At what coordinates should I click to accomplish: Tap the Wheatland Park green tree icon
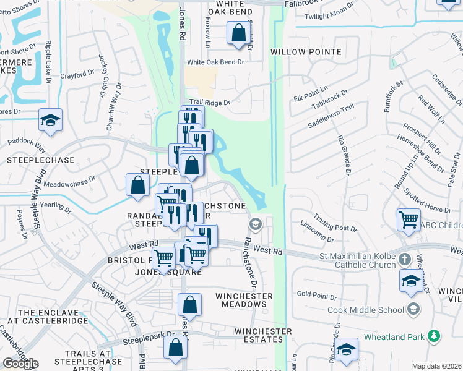[x=435, y=336]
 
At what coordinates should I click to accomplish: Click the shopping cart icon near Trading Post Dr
[x=409, y=219]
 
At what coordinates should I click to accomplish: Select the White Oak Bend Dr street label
[x=216, y=62]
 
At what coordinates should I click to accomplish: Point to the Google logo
[x=20, y=363]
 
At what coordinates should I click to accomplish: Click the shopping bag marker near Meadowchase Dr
[x=137, y=184]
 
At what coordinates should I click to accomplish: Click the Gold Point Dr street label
[x=316, y=294]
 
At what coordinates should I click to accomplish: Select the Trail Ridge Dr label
[x=209, y=103]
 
